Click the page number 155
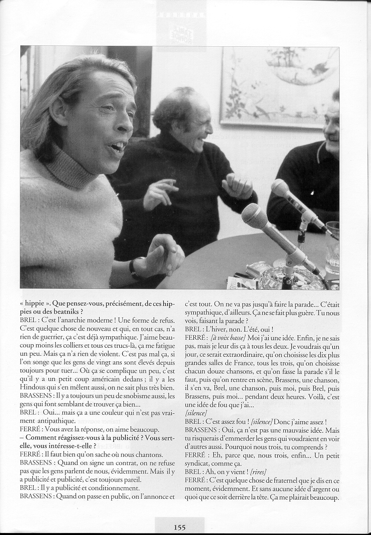pyautogui.click(x=180, y=527)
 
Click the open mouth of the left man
pyautogui.click(x=117, y=147)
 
